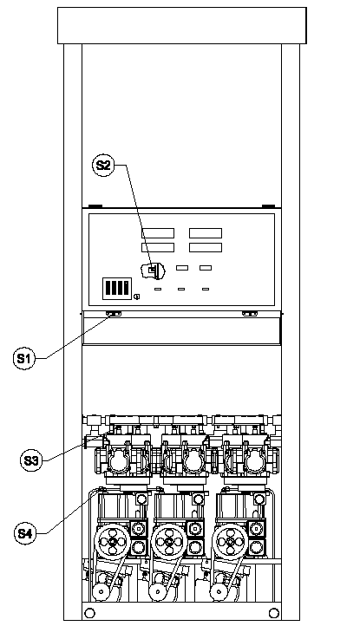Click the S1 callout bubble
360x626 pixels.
[x=24, y=358]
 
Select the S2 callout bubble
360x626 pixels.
[x=103, y=165]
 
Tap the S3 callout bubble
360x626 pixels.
[x=31, y=460]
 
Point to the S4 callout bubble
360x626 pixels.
[x=25, y=533]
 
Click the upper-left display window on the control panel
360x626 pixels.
[x=158, y=232]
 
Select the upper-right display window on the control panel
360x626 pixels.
[x=206, y=232]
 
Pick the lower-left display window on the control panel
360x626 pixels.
[x=158, y=247]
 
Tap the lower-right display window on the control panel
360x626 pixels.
[x=206, y=247]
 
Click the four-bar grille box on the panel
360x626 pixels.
[x=116, y=288]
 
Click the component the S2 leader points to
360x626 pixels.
[x=153, y=271]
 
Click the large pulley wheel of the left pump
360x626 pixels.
[x=112, y=542]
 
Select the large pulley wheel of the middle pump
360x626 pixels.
[x=169, y=542]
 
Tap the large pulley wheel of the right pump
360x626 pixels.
[x=231, y=542]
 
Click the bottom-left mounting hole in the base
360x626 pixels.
[x=90, y=612]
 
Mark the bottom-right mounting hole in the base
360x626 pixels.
[x=274, y=612]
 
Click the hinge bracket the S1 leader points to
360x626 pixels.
[x=114, y=314]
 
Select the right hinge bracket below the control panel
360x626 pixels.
[x=250, y=314]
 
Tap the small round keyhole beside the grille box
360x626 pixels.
[x=137, y=297]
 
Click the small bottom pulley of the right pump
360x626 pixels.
[x=218, y=591]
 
